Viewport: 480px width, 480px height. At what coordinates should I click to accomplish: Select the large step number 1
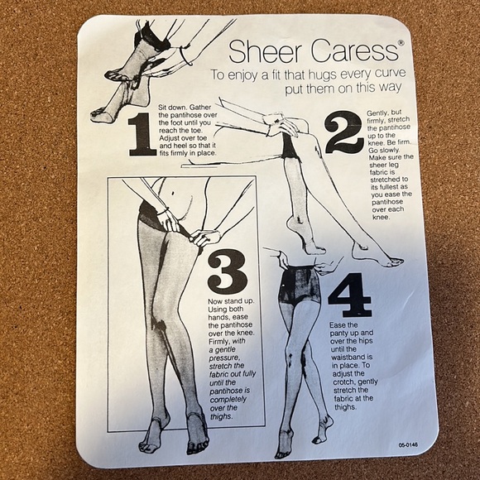141,135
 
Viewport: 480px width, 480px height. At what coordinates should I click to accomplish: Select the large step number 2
343,132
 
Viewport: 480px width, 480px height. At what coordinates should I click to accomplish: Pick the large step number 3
227,271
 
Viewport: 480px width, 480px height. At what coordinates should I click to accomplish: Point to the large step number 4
349,295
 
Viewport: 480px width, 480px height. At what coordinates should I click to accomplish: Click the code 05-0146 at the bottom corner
406,444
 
